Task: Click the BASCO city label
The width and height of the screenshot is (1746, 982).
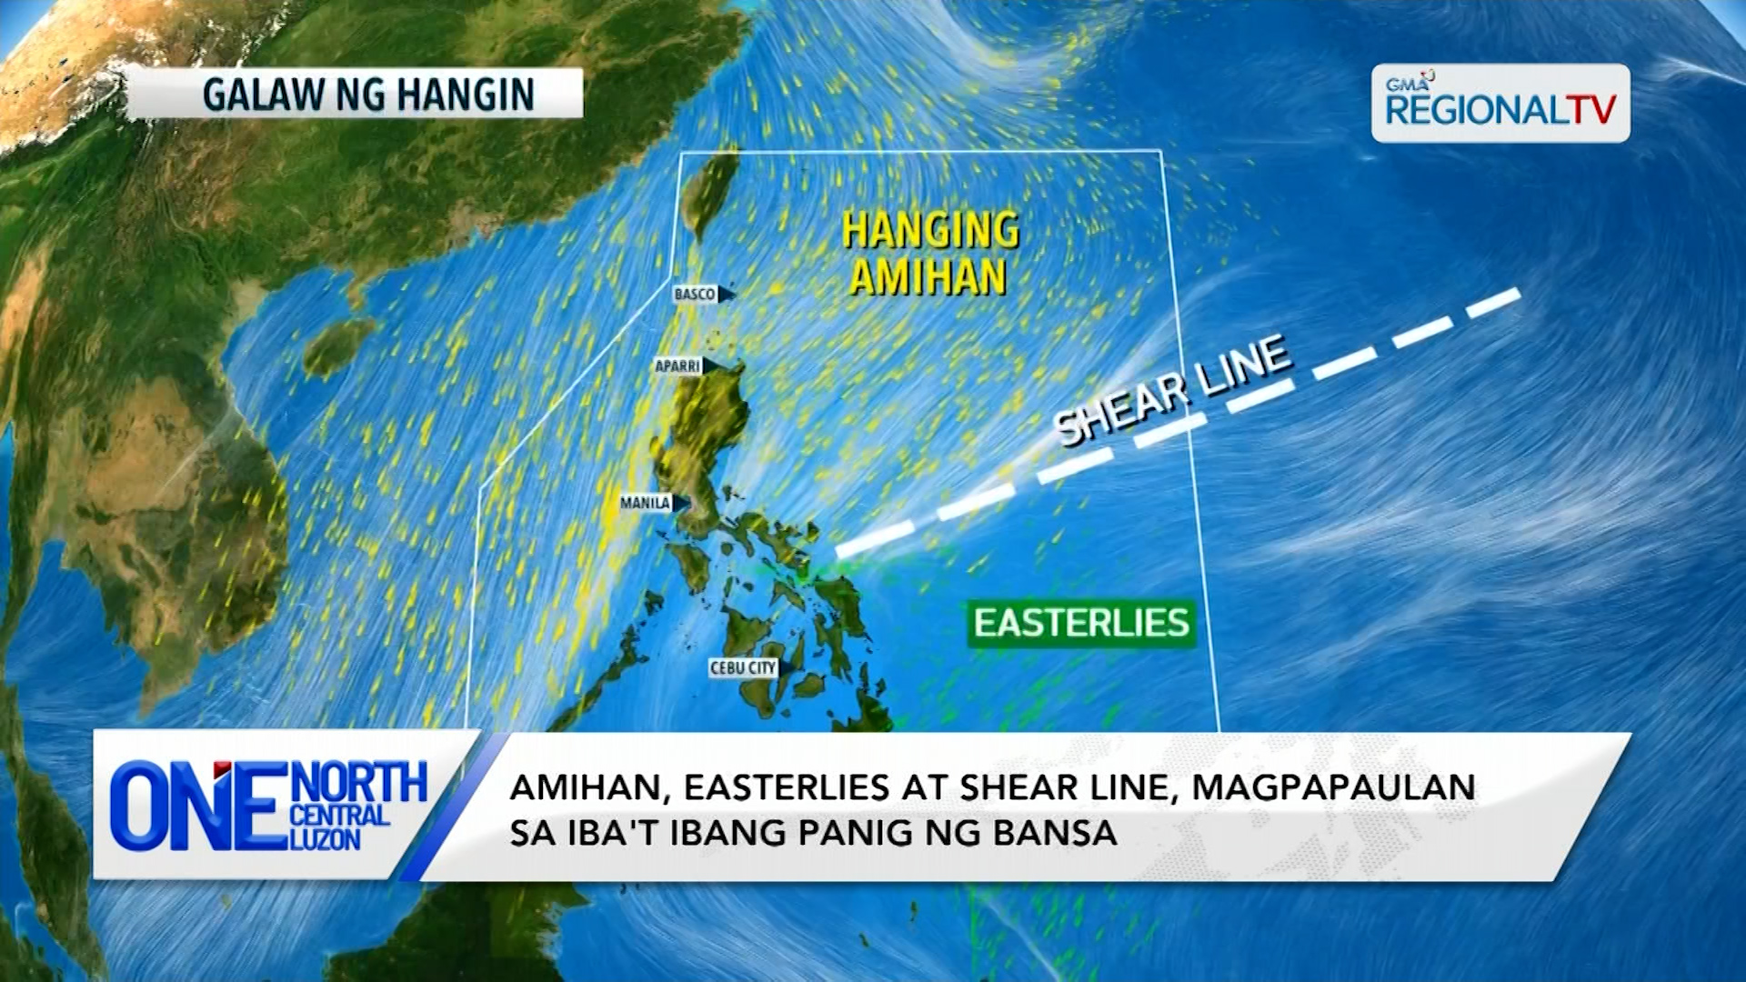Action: point(695,294)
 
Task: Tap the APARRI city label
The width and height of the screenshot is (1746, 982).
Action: point(678,366)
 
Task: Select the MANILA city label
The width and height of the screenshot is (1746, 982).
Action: point(646,503)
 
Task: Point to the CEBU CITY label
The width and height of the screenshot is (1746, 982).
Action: point(743,668)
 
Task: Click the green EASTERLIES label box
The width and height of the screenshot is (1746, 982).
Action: point(1081,624)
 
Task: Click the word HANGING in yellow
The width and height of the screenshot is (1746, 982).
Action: point(930,230)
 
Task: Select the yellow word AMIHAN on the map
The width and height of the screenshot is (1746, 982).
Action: point(928,276)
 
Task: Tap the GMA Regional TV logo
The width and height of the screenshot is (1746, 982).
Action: point(1500,104)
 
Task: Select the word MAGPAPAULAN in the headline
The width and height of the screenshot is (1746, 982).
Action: point(1333,787)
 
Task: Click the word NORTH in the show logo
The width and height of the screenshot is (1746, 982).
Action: point(361,783)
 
